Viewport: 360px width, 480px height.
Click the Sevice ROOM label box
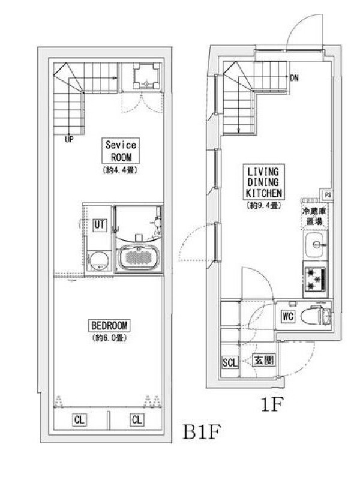point(121,151)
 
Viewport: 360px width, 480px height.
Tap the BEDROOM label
point(109,325)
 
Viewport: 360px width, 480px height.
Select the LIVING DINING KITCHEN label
point(263,182)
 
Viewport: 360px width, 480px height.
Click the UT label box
point(100,224)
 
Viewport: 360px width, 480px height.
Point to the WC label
point(288,316)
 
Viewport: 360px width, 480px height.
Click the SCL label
point(230,362)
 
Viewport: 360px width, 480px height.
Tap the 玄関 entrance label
point(263,361)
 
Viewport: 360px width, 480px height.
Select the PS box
point(328,194)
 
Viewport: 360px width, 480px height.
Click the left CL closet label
point(79,419)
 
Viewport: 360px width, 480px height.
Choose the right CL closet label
point(137,419)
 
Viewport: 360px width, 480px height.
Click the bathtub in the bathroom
point(139,257)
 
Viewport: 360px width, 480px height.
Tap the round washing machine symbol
point(99,261)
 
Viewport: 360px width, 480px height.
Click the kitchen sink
point(316,245)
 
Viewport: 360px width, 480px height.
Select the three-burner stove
point(316,279)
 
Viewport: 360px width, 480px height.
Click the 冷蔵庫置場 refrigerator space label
point(314,216)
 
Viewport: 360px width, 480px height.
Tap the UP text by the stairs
point(69,140)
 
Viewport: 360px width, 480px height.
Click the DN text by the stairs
point(294,78)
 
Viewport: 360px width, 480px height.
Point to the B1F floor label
point(202,431)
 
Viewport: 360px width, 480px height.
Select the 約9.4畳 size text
point(263,205)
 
